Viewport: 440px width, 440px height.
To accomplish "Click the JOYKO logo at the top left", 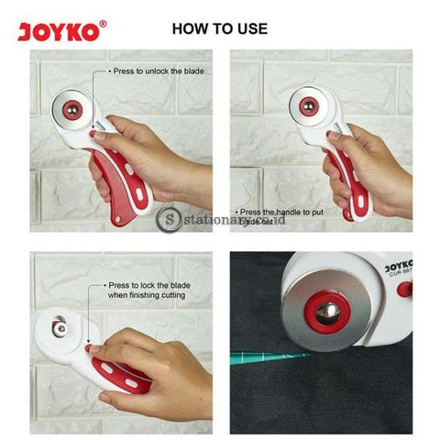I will click(60, 31).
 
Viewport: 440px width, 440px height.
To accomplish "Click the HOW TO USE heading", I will click(220, 28).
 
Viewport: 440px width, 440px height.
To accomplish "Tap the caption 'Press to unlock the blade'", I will click(157, 71).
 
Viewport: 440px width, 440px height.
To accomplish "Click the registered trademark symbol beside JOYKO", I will click(102, 24).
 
